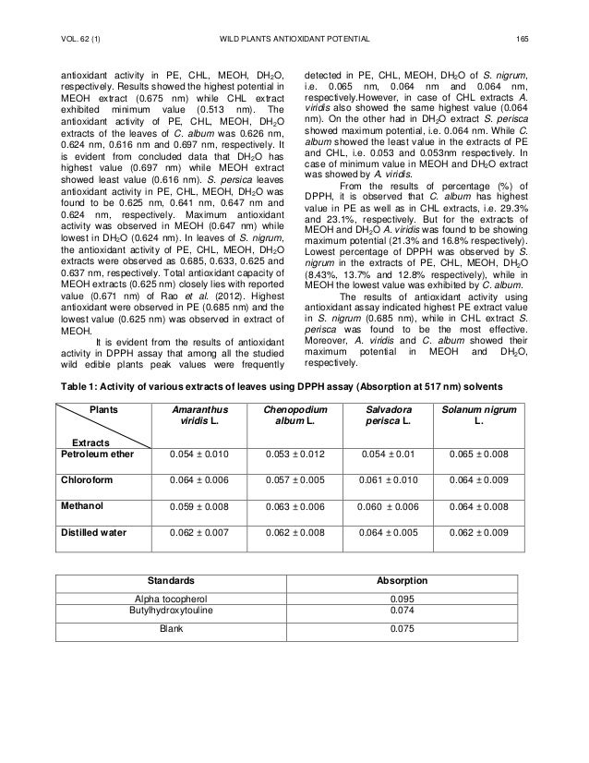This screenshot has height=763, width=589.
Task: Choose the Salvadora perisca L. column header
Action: (x=382, y=415)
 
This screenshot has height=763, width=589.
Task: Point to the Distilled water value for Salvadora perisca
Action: (x=382, y=534)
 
